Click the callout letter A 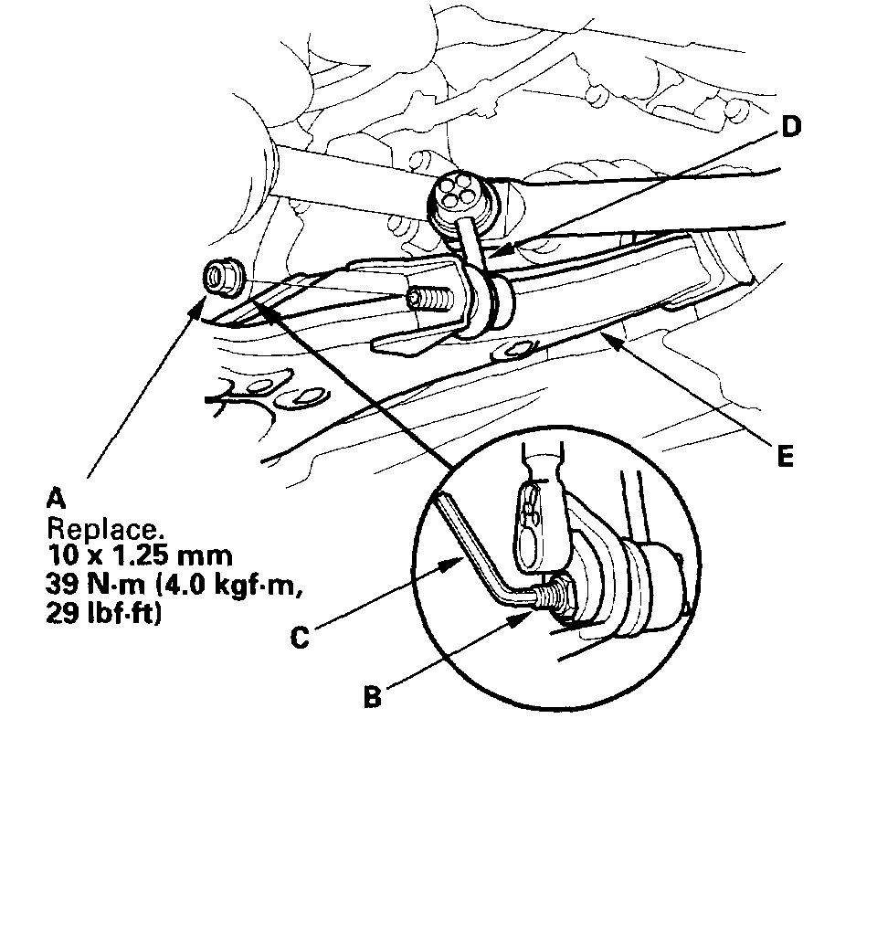pos(56,498)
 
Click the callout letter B pos(372,698)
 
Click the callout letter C pos(300,637)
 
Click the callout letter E pos(784,455)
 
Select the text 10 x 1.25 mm pos(125,555)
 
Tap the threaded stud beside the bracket pos(430,300)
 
